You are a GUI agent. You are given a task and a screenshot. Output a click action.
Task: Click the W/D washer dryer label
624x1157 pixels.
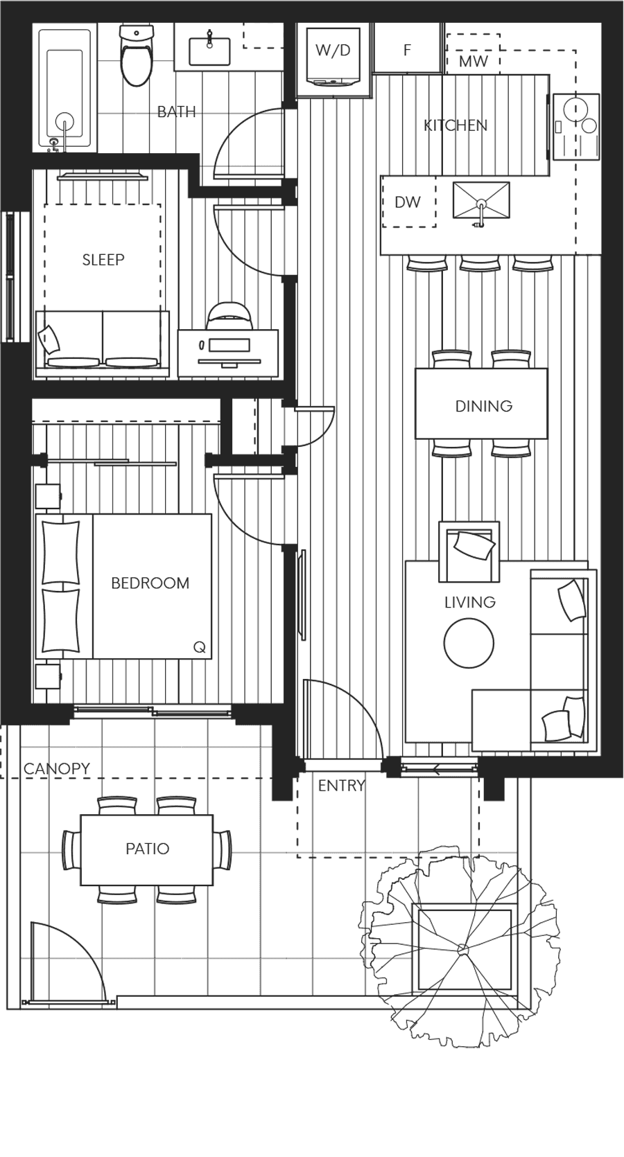(333, 50)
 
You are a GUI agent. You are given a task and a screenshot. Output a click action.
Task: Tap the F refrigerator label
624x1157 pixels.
(407, 50)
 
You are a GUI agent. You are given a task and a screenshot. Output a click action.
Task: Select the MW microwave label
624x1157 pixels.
(474, 62)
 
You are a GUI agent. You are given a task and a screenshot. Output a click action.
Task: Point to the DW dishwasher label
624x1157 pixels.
(408, 202)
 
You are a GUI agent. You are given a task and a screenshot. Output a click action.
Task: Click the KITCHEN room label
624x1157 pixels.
(456, 125)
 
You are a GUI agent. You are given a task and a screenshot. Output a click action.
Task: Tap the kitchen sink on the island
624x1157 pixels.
(480, 200)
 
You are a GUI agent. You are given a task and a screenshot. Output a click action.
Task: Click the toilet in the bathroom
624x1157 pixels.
(136, 55)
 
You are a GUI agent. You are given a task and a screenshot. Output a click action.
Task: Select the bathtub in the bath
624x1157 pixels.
(65, 89)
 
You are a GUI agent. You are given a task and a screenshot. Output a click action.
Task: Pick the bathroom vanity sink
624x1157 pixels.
(209, 49)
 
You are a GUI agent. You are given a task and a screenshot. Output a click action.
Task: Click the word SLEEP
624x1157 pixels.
(103, 260)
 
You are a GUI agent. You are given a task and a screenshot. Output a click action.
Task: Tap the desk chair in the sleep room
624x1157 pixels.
(229, 317)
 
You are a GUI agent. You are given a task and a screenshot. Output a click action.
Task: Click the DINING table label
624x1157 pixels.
(483, 406)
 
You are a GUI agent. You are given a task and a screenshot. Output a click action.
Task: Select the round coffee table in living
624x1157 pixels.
(469, 643)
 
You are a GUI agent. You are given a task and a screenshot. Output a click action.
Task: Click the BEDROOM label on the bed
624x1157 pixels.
(150, 583)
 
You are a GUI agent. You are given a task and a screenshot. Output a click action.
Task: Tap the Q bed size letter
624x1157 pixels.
(199, 647)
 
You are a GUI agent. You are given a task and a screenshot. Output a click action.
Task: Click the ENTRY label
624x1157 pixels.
(340, 786)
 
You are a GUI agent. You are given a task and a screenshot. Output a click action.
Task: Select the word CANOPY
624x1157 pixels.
(56, 769)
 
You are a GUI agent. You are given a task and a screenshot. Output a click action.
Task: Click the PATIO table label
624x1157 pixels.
(147, 849)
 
